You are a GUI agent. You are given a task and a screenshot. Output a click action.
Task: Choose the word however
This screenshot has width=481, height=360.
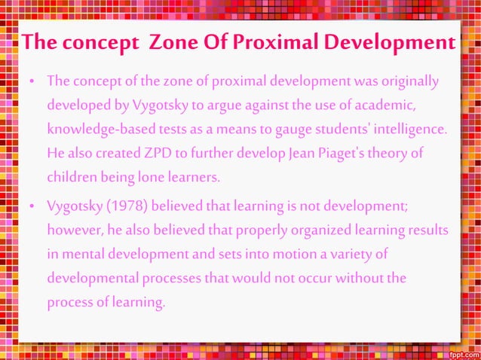[74, 230]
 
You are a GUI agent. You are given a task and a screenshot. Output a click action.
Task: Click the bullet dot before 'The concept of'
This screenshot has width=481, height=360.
[33, 81]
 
